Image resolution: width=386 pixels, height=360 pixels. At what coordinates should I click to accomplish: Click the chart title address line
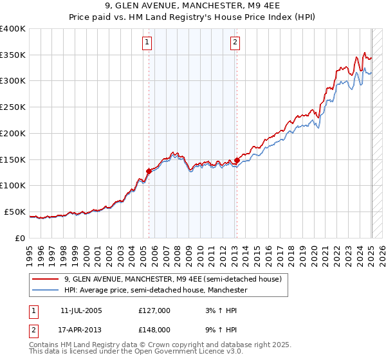(192, 6)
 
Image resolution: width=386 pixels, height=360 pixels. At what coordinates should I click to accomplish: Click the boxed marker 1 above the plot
(147, 43)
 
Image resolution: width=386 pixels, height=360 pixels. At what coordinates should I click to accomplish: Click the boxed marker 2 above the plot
(235, 43)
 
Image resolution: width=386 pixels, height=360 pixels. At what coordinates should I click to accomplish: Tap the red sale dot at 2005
(149, 171)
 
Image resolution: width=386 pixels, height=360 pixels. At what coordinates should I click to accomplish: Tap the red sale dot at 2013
(237, 160)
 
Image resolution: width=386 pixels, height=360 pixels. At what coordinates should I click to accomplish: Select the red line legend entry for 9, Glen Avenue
(172, 280)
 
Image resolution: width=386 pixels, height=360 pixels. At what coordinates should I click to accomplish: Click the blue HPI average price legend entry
(155, 291)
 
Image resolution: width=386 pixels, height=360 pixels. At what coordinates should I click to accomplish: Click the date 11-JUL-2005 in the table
(81, 310)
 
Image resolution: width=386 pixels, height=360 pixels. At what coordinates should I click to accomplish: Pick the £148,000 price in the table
(154, 329)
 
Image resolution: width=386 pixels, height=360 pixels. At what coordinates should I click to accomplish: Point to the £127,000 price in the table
(154, 310)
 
